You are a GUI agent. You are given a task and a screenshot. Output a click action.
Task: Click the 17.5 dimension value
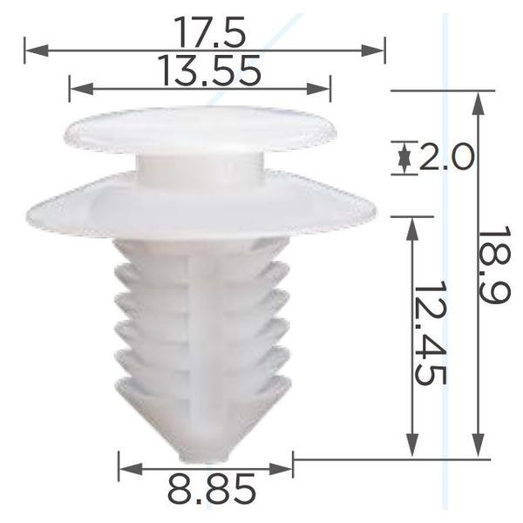point(209,31)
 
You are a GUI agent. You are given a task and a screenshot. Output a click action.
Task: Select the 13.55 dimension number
point(210,71)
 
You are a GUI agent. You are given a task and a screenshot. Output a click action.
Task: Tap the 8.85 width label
point(212,488)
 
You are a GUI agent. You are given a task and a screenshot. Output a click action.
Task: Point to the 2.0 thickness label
point(445,157)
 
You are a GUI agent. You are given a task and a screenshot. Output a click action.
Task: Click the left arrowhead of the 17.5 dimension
point(37,51)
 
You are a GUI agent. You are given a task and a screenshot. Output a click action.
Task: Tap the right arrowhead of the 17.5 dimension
point(373,51)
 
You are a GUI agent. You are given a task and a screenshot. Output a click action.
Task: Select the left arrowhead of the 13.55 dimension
point(81,89)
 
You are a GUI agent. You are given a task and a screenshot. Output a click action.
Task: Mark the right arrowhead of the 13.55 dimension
point(318,89)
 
